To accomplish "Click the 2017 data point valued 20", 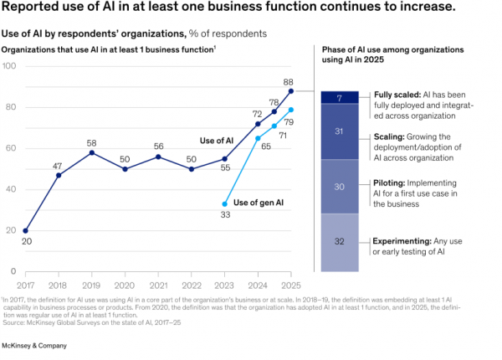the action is [x=26, y=230].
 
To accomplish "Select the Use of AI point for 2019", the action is [x=92, y=152].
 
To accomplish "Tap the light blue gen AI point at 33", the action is [x=225, y=204].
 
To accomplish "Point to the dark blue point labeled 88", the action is [x=291, y=91].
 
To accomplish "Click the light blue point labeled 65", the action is [x=258, y=138].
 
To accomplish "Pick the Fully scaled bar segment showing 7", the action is [x=340, y=97].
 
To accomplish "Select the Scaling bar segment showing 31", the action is [x=340, y=131].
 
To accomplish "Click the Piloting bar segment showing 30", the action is [x=340, y=187].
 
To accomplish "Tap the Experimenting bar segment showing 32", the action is [x=340, y=243].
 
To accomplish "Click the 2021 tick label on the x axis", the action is [x=158, y=285].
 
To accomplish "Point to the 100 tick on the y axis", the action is [x=9, y=66].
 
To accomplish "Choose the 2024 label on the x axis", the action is [x=258, y=285].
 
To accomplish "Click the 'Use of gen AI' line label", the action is [x=259, y=203].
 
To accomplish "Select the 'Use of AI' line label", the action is [x=217, y=141].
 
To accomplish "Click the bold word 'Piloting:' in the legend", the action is [x=389, y=183].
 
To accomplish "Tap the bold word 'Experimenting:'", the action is [x=402, y=241].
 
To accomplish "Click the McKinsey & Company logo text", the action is [x=34, y=346].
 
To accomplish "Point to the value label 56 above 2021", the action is [x=158, y=147].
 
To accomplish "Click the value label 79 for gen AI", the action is [x=289, y=122].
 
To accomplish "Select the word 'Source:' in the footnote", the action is [x=13, y=322].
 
